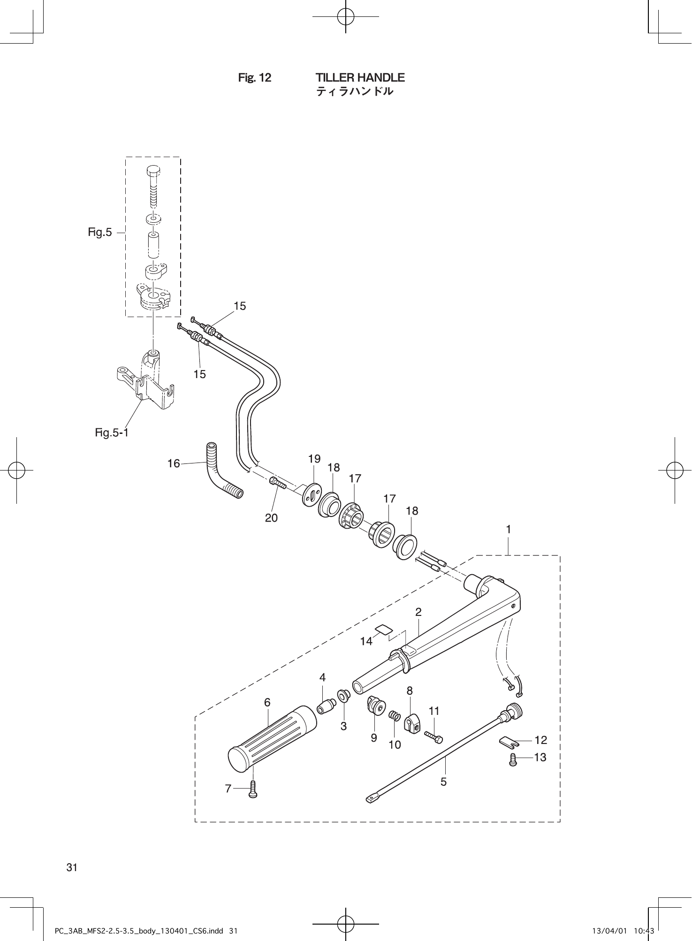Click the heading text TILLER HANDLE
click(360, 77)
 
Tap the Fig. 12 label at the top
click(255, 78)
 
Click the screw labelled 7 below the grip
click(253, 789)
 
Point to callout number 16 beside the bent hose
click(174, 463)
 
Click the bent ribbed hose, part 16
click(221, 474)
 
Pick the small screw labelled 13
click(513, 759)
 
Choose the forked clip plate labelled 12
click(508, 742)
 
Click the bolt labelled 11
click(434, 736)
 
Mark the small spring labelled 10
click(395, 716)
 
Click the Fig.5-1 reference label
click(112, 432)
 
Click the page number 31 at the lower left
click(72, 867)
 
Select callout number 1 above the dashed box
click(508, 529)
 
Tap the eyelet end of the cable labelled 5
click(372, 797)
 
